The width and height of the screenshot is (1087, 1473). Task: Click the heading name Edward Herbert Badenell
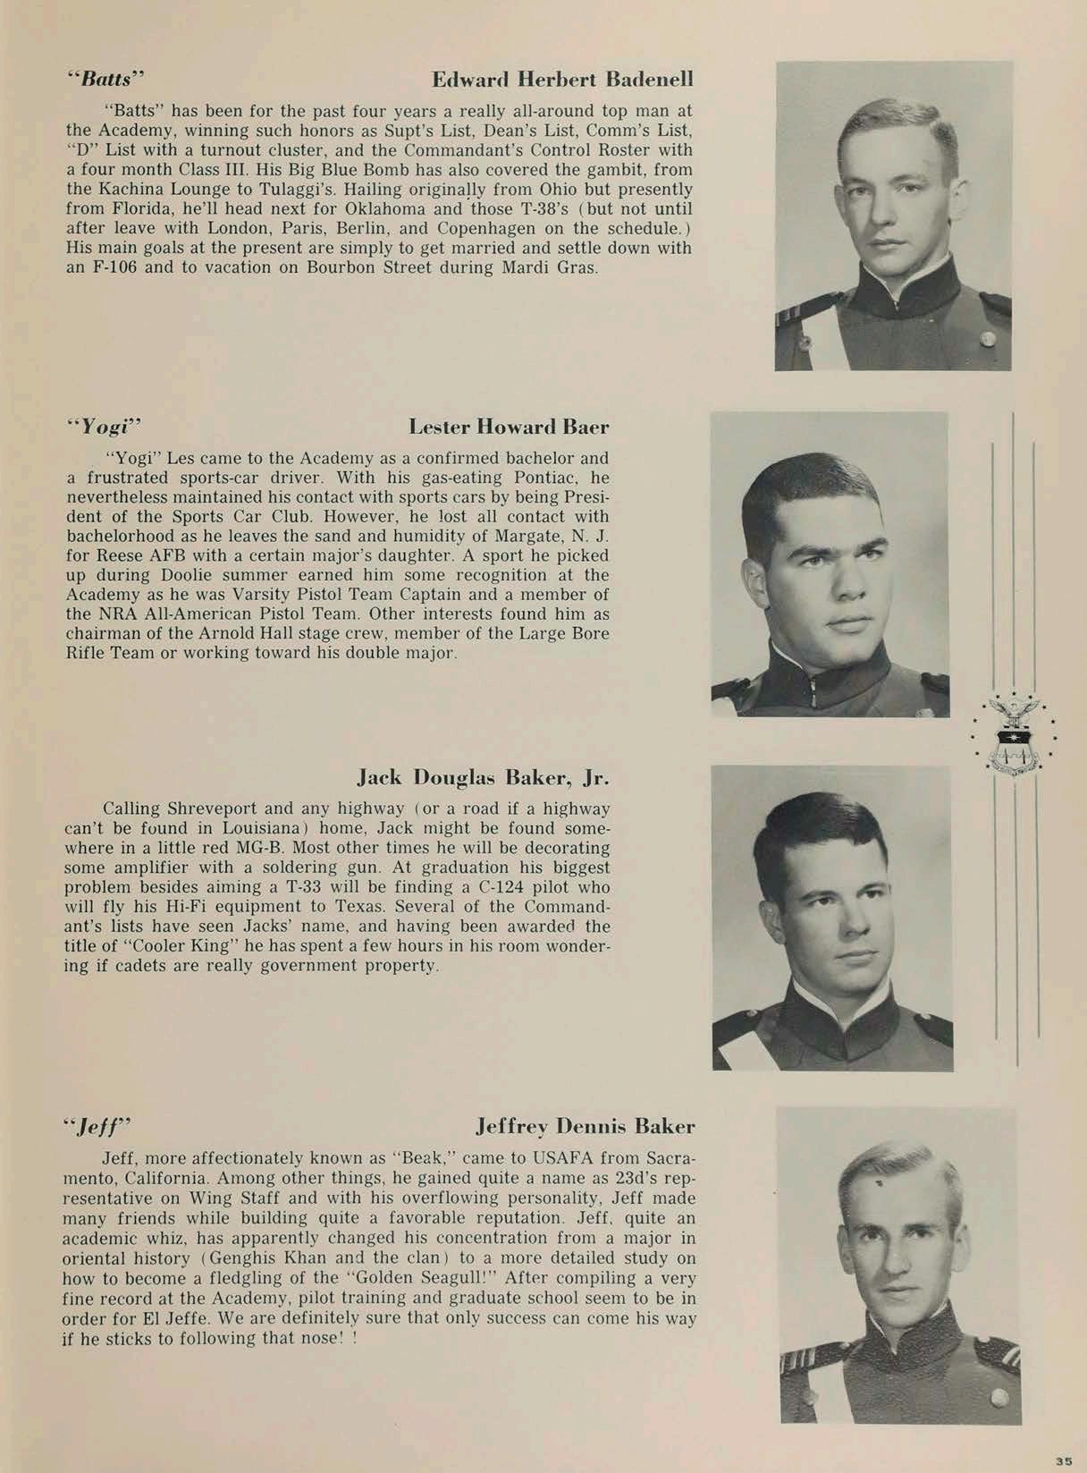[562, 80]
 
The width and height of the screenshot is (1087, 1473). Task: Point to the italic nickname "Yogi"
[106, 426]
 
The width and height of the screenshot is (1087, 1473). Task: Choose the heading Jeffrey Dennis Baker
[585, 1125]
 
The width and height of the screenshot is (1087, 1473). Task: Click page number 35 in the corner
[1063, 1460]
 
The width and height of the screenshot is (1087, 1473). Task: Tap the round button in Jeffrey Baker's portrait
[999, 1396]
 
